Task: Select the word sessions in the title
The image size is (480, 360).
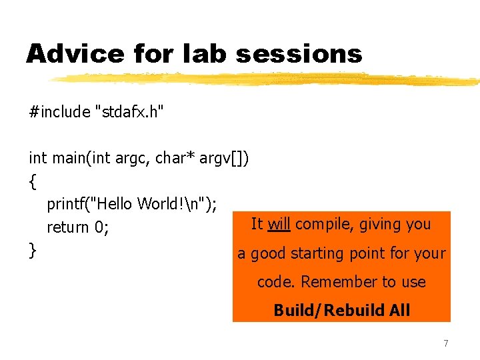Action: click(x=298, y=53)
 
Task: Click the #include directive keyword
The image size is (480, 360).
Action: click(x=60, y=111)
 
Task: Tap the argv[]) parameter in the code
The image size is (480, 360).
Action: click(x=225, y=158)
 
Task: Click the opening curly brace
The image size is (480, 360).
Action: click(x=33, y=181)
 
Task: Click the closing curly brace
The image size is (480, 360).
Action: click(x=33, y=251)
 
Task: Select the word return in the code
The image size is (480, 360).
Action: click(x=68, y=227)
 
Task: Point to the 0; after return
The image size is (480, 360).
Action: click(x=102, y=227)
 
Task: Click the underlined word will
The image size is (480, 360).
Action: click(x=279, y=224)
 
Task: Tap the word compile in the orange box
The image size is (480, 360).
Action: click(x=324, y=224)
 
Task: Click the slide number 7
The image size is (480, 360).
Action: click(x=446, y=343)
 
